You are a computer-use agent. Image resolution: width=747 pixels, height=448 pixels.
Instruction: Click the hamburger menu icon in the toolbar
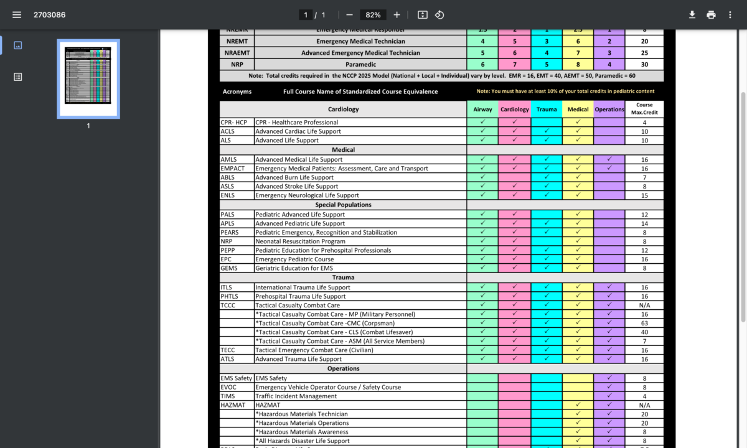click(x=17, y=15)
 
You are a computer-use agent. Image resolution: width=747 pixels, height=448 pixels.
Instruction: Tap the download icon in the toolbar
click(x=692, y=15)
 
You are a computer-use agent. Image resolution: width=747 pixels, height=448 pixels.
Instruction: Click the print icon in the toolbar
click(x=711, y=15)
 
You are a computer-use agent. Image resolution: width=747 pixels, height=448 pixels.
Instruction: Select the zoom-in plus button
click(x=397, y=15)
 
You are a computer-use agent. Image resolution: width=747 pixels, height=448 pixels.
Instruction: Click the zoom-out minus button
click(x=349, y=15)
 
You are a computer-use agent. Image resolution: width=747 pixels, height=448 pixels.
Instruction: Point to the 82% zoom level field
click(x=374, y=15)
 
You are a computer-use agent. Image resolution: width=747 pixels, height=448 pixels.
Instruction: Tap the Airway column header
click(x=482, y=110)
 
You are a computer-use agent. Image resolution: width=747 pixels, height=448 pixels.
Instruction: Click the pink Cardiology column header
click(x=515, y=110)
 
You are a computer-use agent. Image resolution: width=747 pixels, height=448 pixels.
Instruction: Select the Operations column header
click(x=609, y=110)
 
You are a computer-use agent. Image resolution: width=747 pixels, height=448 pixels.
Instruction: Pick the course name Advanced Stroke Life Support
click(x=297, y=186)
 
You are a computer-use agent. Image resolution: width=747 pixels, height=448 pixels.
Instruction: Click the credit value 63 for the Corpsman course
click(x=644, y=323)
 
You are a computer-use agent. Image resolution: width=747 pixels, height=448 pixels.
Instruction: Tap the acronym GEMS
click(x=229, y=268)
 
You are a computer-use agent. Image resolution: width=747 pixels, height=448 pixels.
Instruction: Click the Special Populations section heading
click(x=343, y=205)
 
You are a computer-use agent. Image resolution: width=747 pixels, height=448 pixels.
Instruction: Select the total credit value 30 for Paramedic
click(x=644, y=64)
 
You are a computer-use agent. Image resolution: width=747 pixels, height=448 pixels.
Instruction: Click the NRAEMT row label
click(x=237, y=53)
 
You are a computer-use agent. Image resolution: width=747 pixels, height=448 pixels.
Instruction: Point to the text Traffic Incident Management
click(x=296, y=396)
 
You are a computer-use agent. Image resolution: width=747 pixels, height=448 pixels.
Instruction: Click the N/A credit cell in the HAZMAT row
click(x=644, y=405)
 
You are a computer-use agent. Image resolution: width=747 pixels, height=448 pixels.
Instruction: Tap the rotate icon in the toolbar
click(x=439, y=15)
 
